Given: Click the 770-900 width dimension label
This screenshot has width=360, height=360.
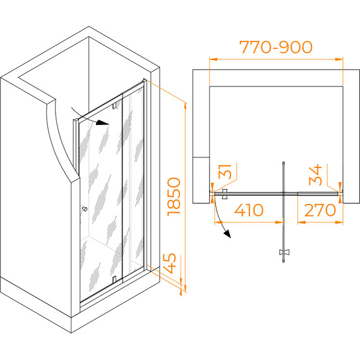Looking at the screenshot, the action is click(x=276, y=47).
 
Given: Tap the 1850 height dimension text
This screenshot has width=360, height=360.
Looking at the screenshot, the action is click(x=174, y=197).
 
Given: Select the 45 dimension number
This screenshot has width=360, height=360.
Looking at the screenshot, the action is click(x=169, y=263).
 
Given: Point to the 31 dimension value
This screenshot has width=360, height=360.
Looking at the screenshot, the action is click(x=225, y=172).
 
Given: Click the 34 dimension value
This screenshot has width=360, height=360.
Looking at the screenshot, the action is click(x=315, y=175).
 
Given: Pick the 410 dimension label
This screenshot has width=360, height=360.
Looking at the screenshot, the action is click(x=249, y=210).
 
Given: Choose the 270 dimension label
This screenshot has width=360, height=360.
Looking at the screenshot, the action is click(x=320, y=210).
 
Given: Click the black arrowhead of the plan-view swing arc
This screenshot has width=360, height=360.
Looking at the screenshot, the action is click(x=227, y=234).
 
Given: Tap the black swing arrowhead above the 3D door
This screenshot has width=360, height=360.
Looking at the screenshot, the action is click(x=102, y=123).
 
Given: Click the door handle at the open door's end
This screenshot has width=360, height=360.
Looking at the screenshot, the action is click(x=284, y=253).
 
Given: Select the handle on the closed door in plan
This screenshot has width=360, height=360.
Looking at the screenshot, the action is click(x=225, y=194).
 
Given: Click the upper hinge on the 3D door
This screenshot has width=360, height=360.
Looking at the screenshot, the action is click(x=114, y=105).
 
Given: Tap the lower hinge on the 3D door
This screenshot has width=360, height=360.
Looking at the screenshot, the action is click(x=114, y=279).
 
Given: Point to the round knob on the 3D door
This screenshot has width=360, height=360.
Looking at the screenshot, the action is click(x=85, y=209).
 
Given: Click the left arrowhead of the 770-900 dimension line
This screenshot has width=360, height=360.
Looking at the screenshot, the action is click(x=213, y=59).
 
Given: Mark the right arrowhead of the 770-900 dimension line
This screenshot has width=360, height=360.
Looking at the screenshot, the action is click(x=339, y=59).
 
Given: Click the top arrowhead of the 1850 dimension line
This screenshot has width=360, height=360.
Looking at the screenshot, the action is click(x=186, y=107).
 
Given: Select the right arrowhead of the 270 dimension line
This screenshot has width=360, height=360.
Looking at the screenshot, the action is click(x=339, y=222).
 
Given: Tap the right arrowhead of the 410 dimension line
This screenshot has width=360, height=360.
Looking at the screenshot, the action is click(x=279, y=222).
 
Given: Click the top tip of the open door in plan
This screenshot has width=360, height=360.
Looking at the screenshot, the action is click(x=284, y=162).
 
